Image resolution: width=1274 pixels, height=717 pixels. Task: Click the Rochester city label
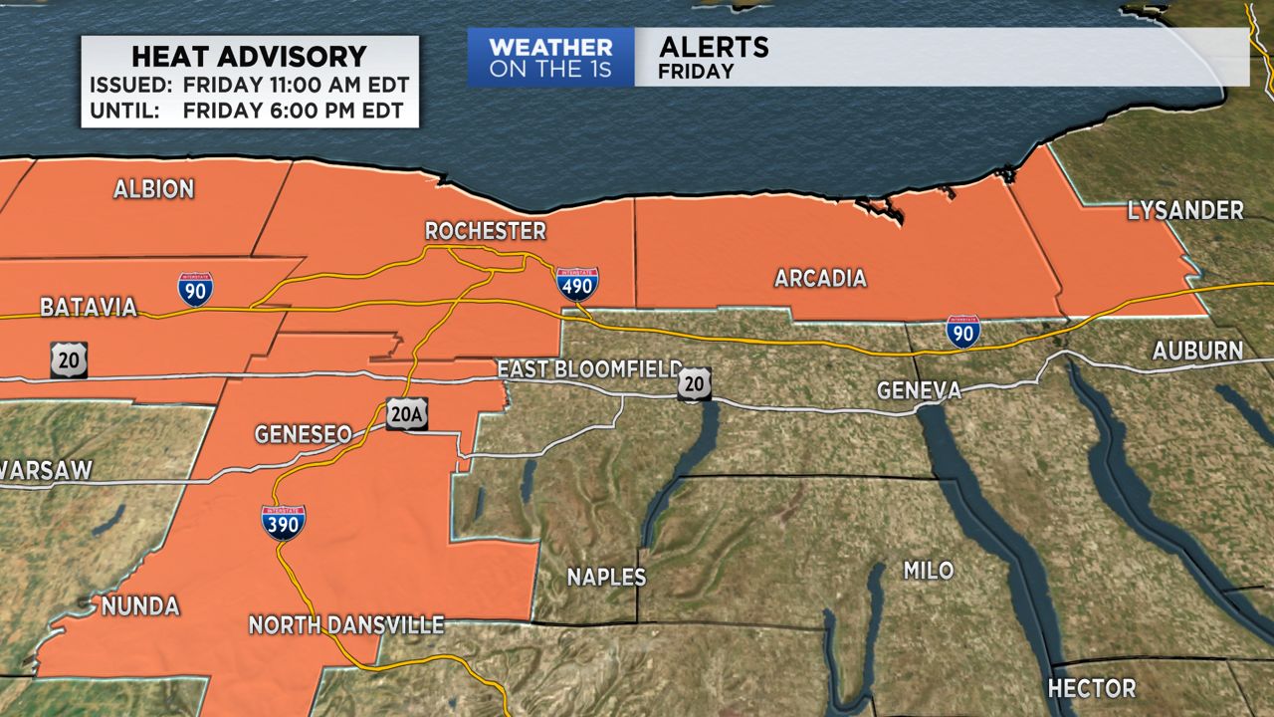click(x=485, y=231)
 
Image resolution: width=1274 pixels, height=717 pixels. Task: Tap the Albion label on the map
click(x=153, y=189)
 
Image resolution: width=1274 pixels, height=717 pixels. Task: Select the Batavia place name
click(x=89, y=308)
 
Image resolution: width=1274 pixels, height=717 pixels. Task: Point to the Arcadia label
click(x=820, y=279)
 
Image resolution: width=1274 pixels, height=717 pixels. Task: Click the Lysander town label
click(x=1185, y=211)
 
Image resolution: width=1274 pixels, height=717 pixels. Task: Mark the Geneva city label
click(x=919, y=390)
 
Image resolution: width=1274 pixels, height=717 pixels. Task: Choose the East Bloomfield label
click(x=589, y=369)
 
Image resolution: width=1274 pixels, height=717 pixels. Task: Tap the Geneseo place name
click(x=303, y=434)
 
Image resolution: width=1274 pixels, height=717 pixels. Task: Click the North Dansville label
click(x=345, y=625)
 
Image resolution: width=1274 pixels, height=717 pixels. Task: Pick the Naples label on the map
click(x=606, y=577)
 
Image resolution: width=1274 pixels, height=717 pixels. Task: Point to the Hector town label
click(x=1091, y=688)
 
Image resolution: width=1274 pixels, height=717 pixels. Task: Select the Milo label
click(x=928, y=571)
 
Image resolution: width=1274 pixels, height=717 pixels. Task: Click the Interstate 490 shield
click(x=577, y=284)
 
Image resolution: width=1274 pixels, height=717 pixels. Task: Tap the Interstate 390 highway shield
click(x=283, y=522)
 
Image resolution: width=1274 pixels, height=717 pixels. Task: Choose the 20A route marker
click(x=407, y=414)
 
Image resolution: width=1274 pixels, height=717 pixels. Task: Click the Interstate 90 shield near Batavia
click(x=195, y=288)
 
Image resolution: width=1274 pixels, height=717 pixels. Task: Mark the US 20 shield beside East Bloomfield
click(x=694, y=384)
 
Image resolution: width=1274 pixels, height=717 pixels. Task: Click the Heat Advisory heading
click(x=249, y=56)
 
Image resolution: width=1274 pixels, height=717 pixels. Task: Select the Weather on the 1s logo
click(x=550, y=58)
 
